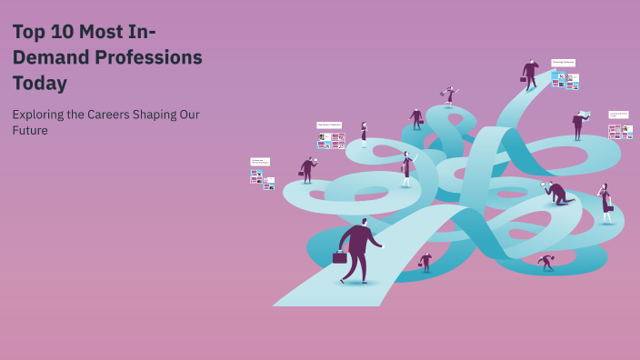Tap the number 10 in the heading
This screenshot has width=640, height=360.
click(x=60, y=32)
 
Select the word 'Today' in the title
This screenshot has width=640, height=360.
click(x=40, y=83)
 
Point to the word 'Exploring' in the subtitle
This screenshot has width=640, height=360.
click(x=42, y=115)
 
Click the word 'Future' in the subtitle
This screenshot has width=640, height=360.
click(x=30, y=130)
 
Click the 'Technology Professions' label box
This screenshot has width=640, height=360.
click(x=563, y=63)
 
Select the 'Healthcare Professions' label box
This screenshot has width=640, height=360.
click(x=329, y=125)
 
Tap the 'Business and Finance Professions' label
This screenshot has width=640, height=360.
click(x=260, y=162)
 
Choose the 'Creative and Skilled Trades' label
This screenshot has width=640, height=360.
click(x=619, y=115)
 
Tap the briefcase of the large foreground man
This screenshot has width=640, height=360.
click(x=340, y=257)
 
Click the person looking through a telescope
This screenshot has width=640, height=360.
click(x=449, y=95)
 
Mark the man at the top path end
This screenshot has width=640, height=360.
click(x=530, y=74)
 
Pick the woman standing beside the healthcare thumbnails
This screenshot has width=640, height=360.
click(x=364, y=134)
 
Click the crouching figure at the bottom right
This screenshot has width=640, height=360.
click(x=545, y=262)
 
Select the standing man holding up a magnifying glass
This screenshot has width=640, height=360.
click(x=307, y=169)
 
